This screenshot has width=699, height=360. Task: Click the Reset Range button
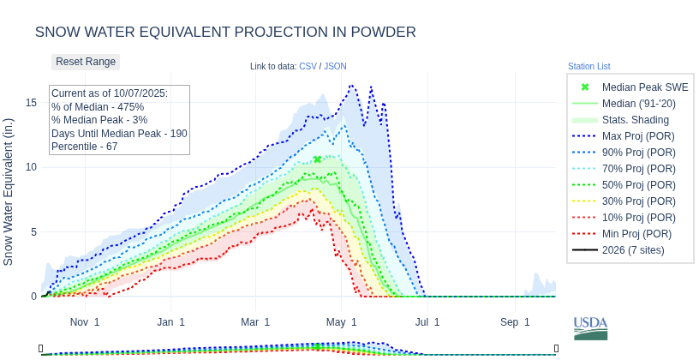86,62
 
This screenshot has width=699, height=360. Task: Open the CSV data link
308,66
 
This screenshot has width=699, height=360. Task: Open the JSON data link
335,66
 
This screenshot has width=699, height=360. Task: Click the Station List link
588,66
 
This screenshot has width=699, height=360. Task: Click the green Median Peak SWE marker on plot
317,159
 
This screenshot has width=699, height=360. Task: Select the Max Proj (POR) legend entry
637,136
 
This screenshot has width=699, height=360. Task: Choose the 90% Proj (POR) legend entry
637,153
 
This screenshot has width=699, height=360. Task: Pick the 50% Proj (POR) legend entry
637,185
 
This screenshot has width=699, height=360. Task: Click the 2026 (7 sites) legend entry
633,250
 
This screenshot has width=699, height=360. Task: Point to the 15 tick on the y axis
31,103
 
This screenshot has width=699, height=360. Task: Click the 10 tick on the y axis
31,167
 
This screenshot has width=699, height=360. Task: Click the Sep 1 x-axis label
515,322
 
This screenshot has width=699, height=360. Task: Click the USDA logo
590,327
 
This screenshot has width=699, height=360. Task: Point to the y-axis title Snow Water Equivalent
9,191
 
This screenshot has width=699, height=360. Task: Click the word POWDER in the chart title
381,33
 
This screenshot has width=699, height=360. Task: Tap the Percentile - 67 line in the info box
84,147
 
